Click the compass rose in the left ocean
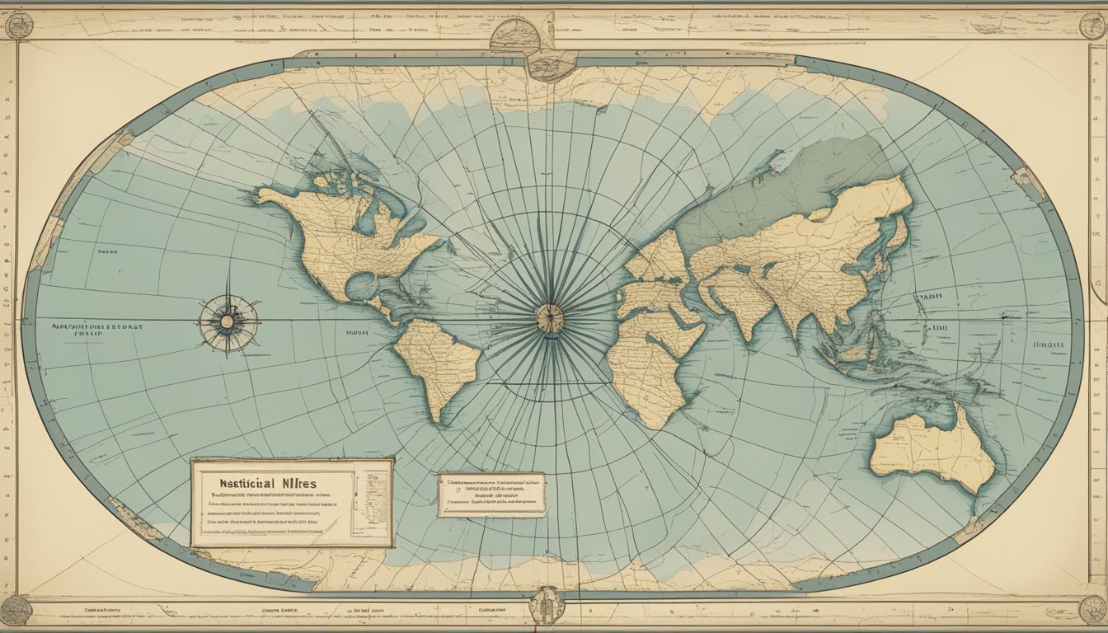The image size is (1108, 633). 228,322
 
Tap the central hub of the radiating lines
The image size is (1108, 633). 550,318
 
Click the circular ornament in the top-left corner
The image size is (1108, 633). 18,26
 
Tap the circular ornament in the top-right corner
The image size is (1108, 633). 1092,26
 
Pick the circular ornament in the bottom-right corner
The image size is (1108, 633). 1092,609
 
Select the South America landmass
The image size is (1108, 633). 437,363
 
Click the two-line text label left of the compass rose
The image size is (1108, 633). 97,330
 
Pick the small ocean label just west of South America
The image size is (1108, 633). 356,334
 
